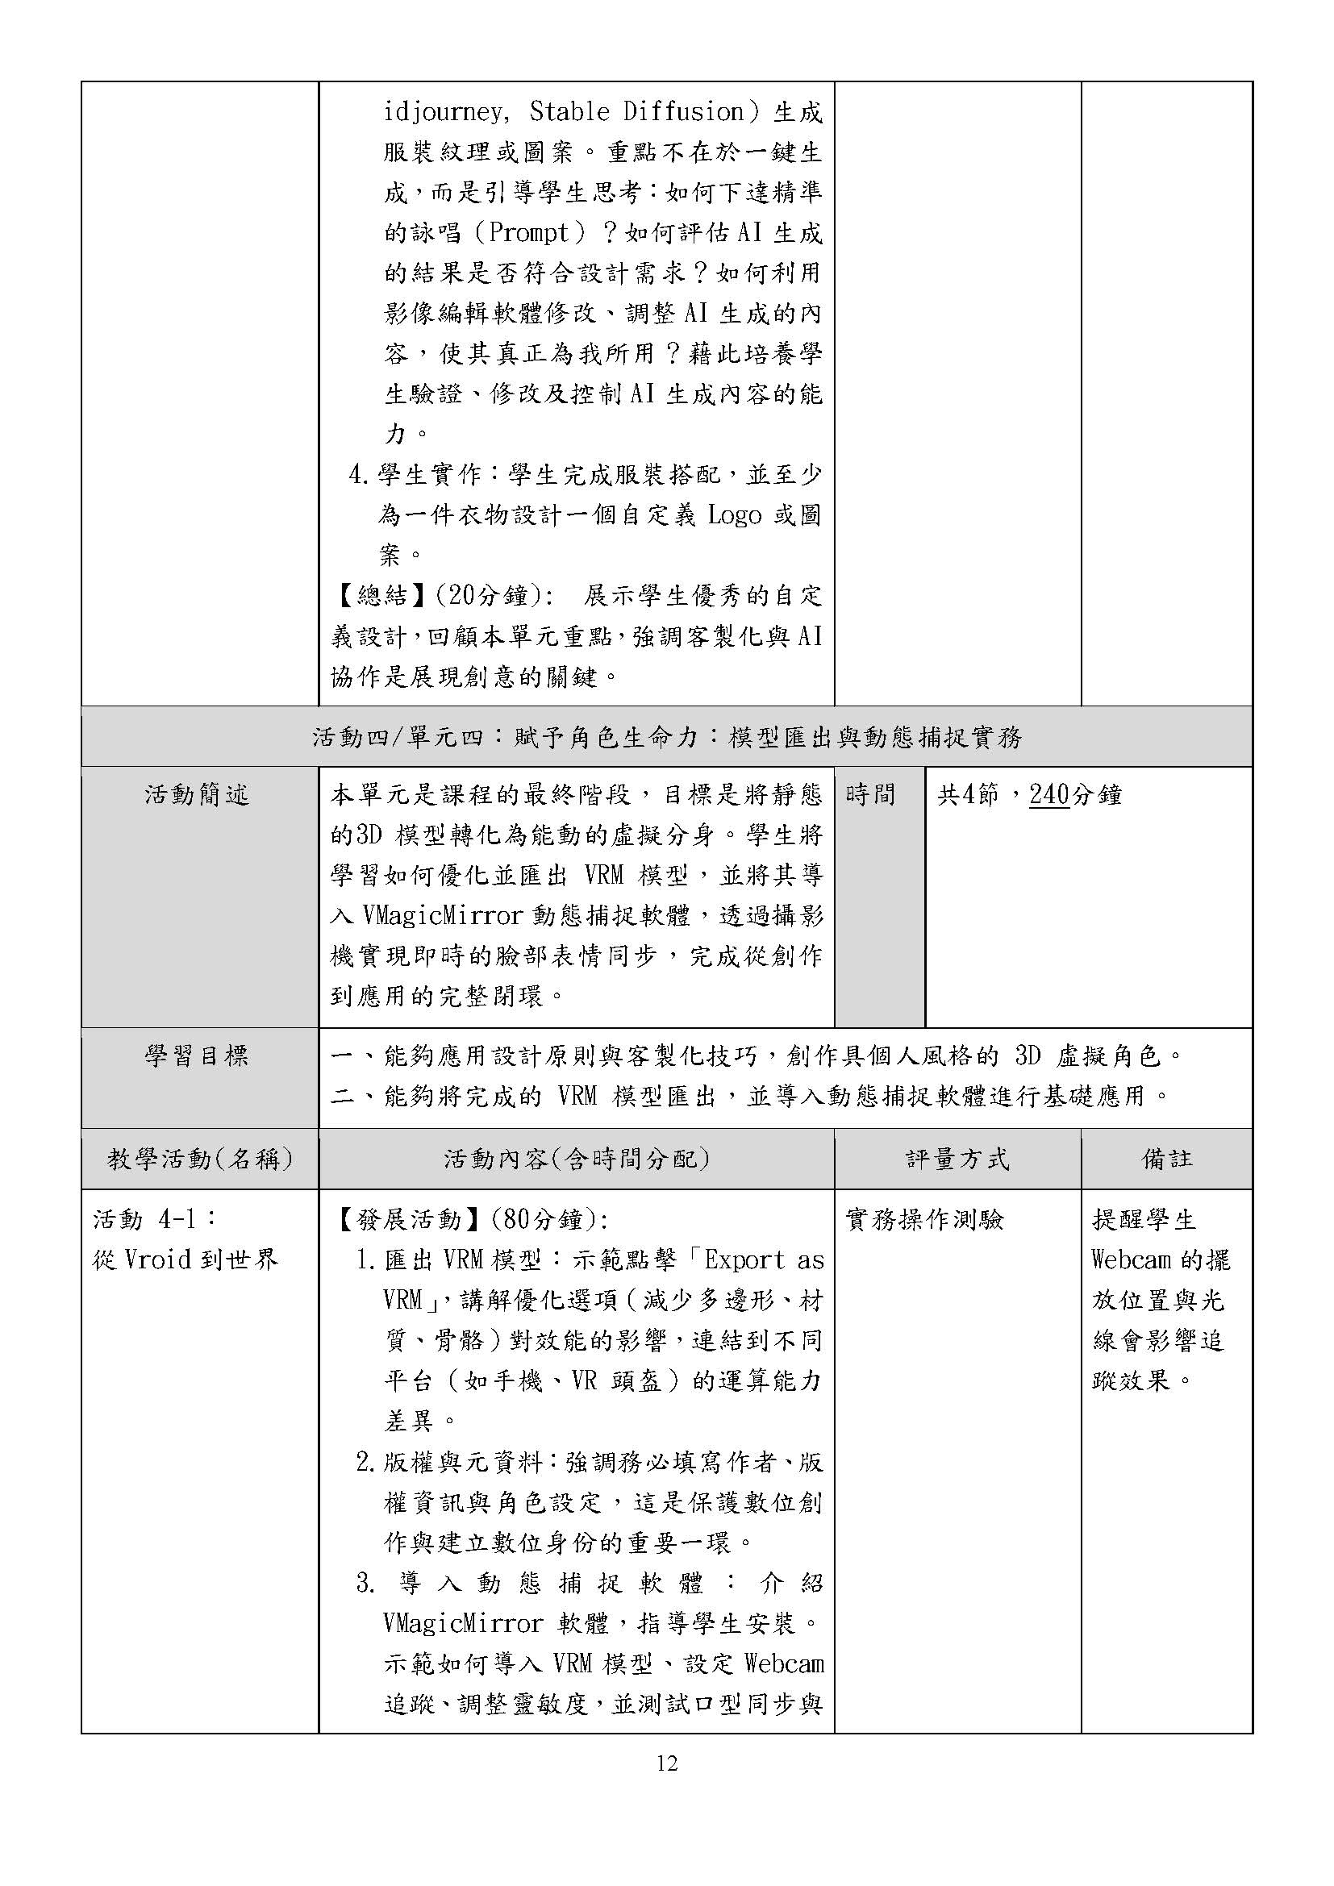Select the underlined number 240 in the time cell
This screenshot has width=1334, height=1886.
(1049, 795)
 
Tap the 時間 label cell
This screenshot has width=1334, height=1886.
(870, 795)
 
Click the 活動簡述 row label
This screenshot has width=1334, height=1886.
(197, 795)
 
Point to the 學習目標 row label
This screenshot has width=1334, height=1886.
(197, 1055)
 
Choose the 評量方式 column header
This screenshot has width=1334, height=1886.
(957, 1159)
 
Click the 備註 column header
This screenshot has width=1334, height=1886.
(1166, 1159)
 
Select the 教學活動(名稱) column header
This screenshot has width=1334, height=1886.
(199, 1159)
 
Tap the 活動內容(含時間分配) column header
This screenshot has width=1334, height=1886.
(577, 1159)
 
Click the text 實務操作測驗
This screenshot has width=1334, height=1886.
(925, 1220)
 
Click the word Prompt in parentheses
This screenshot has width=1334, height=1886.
(529, 233)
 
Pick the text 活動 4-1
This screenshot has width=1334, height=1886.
(154, 1220)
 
